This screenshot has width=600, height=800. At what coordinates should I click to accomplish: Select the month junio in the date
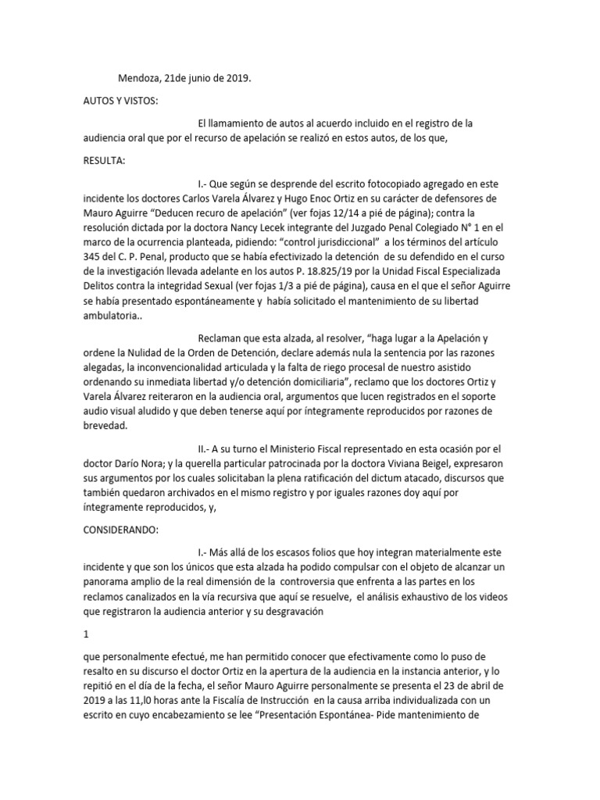tap(198, 78)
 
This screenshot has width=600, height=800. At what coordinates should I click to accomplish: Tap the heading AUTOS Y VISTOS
tap(123, 102)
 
